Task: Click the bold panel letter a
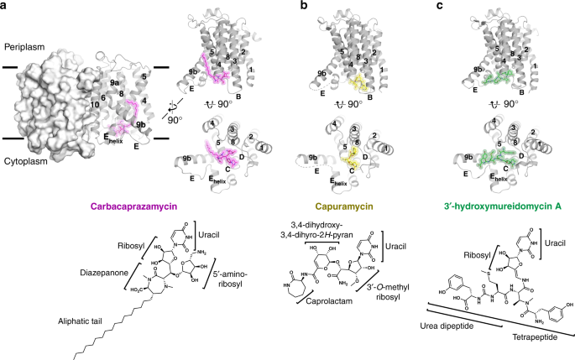[5, 7]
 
